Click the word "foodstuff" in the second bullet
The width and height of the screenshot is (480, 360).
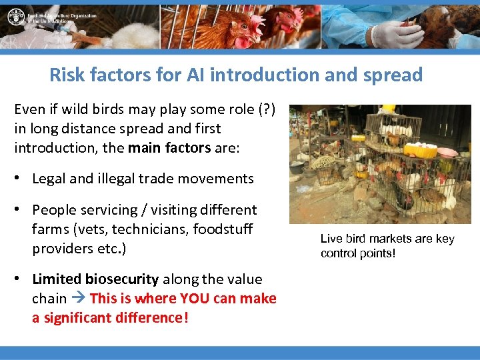223,229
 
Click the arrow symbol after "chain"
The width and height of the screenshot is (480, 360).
78,299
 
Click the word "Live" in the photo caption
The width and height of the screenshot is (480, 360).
331,239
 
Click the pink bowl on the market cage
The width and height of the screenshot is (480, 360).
447,152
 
